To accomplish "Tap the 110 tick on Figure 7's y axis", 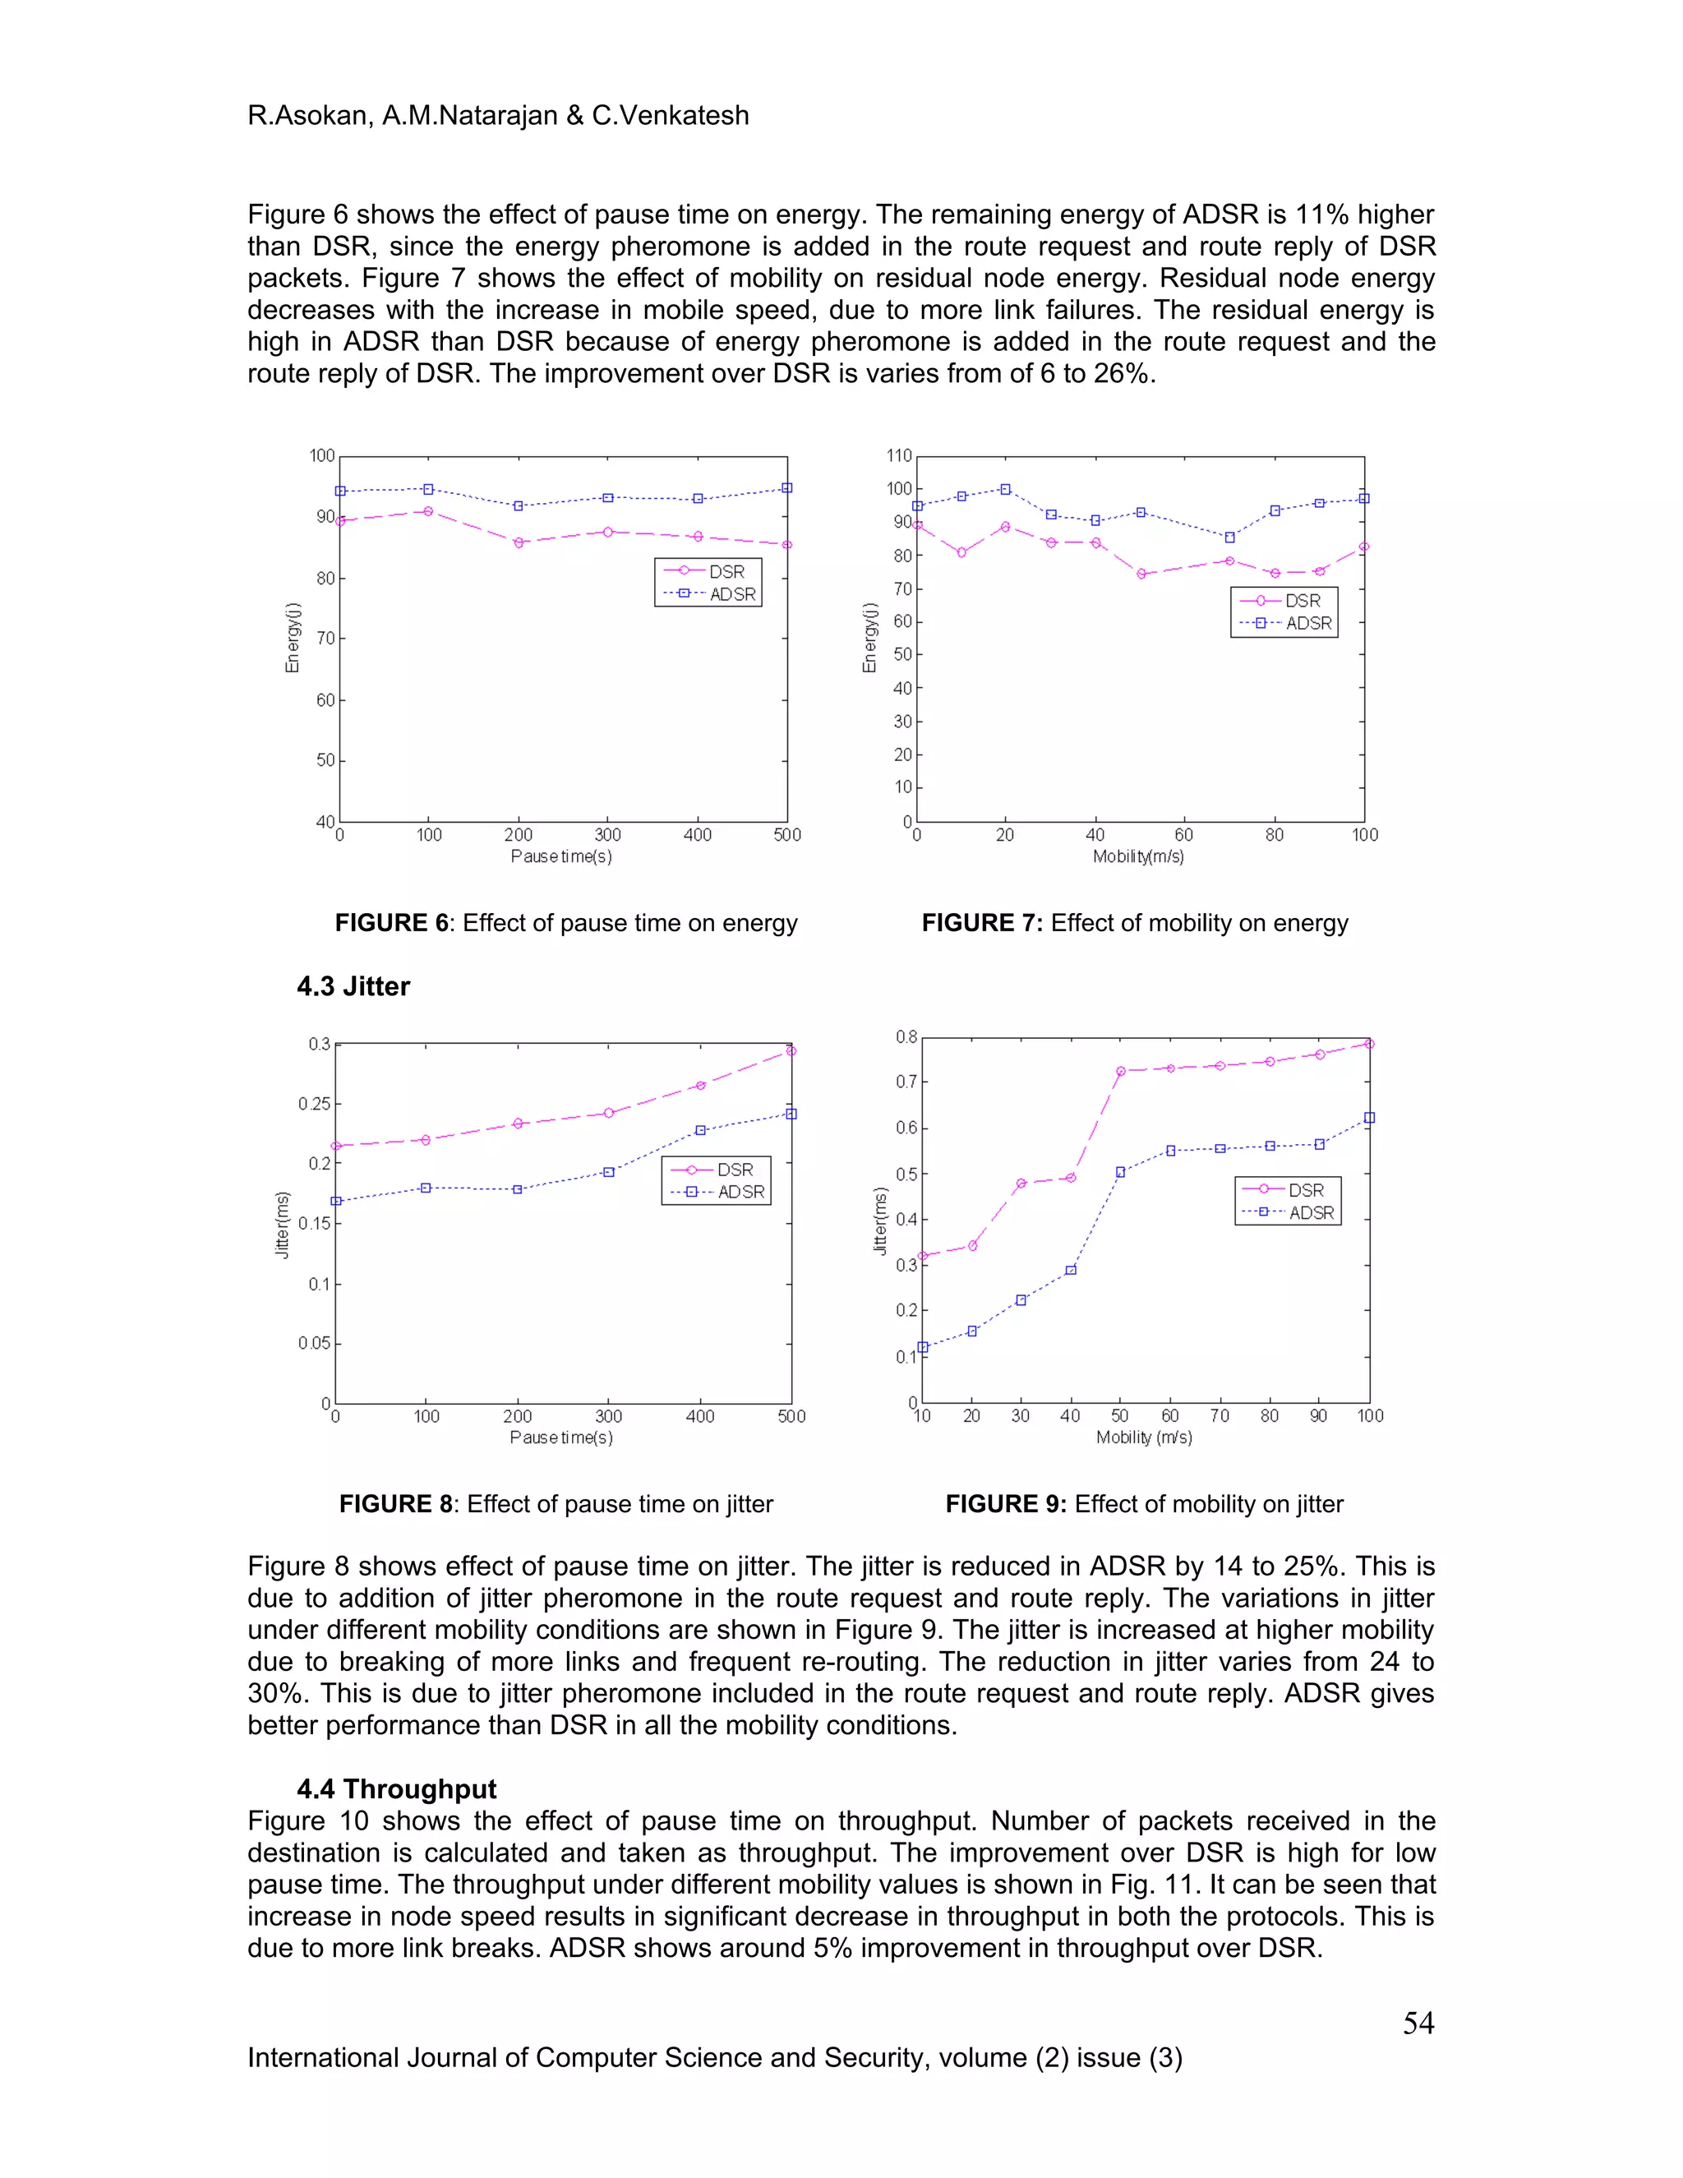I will [899, 456].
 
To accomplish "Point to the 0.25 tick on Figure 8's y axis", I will [314, 1104].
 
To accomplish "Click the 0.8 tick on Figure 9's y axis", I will [906, 1037].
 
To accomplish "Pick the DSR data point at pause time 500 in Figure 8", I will [791, 1050].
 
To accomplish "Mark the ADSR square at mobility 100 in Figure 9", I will [1369, 1118].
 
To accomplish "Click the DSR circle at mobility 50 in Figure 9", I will [1120, 1071].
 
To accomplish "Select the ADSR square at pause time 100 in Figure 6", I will [427, 490].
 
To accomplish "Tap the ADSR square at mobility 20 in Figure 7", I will [1005, 490].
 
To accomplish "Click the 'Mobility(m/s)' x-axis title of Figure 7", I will [1137, 856].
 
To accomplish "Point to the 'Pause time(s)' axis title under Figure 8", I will [560, 1437].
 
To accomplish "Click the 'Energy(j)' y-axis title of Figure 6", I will [292, 639].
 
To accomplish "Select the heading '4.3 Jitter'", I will [353, 986].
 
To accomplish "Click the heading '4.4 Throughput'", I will [396, 1789].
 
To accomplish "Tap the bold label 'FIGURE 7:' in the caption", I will [981, 922].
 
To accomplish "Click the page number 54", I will [1418, 2023].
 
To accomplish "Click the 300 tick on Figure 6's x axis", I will [607, 836].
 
